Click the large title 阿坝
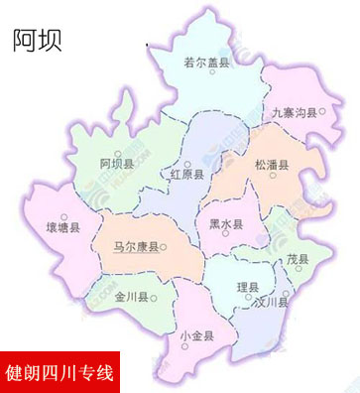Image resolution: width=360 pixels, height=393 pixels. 38,40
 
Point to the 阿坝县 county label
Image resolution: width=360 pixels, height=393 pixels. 117,163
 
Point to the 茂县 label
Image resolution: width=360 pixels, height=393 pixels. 298,259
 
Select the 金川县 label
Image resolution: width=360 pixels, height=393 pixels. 131,297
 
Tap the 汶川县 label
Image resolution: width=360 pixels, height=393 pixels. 270,302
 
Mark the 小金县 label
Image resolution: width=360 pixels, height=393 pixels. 197,335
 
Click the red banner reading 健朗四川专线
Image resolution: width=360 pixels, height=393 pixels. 60,374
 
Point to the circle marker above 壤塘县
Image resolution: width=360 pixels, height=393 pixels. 64,216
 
